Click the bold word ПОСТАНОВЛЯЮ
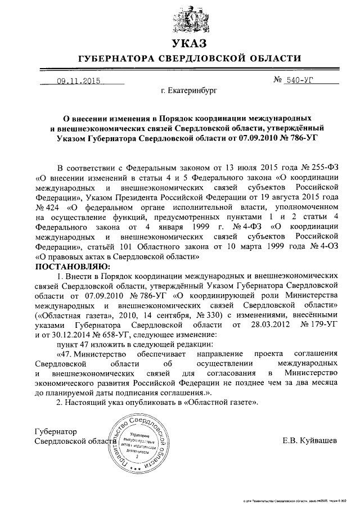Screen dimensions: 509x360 pyautogui.click(x=73, y=265)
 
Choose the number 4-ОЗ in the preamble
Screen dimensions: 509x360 pyautogui.click(x=325, y=246)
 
